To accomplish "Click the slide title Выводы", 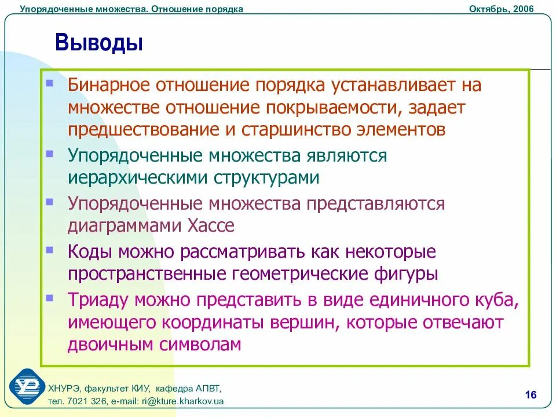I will [x=99, y=43].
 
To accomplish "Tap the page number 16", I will [x=531, y=395].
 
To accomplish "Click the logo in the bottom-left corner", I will [x=27, y=386].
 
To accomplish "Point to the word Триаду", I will [x=99, y=300].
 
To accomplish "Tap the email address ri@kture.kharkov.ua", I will [x=186, y=401].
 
